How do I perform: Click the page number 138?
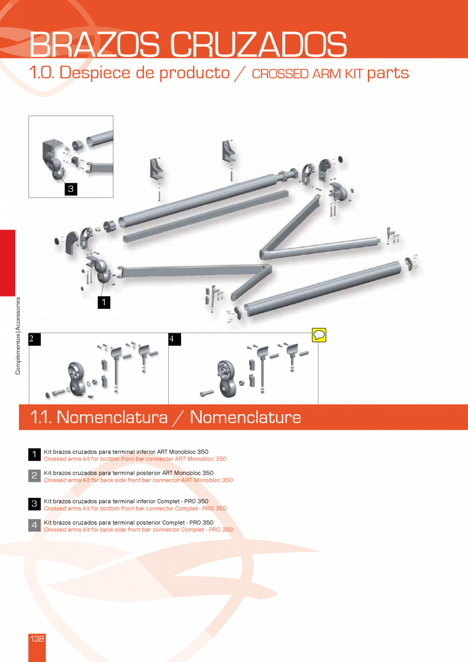tap(37, 639)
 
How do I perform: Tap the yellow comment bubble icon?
tap(319, 335)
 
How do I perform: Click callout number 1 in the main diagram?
tap(104, 302)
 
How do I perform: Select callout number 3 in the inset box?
tap(71, 189)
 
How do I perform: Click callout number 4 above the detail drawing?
tap(172, 339)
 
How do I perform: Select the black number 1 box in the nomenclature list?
tap(34, 454)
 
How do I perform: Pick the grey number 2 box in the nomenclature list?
tap(34, 476)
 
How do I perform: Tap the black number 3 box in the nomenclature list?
tap(34, 504)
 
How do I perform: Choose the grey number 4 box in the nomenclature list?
tap(34, 526)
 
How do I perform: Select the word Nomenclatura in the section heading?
tap(112, 417)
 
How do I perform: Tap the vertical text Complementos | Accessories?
tap(18, 336)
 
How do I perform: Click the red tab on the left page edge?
tap(8, 263)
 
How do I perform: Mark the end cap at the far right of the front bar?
tap(408, 263)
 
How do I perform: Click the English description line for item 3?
tap(135, 508)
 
